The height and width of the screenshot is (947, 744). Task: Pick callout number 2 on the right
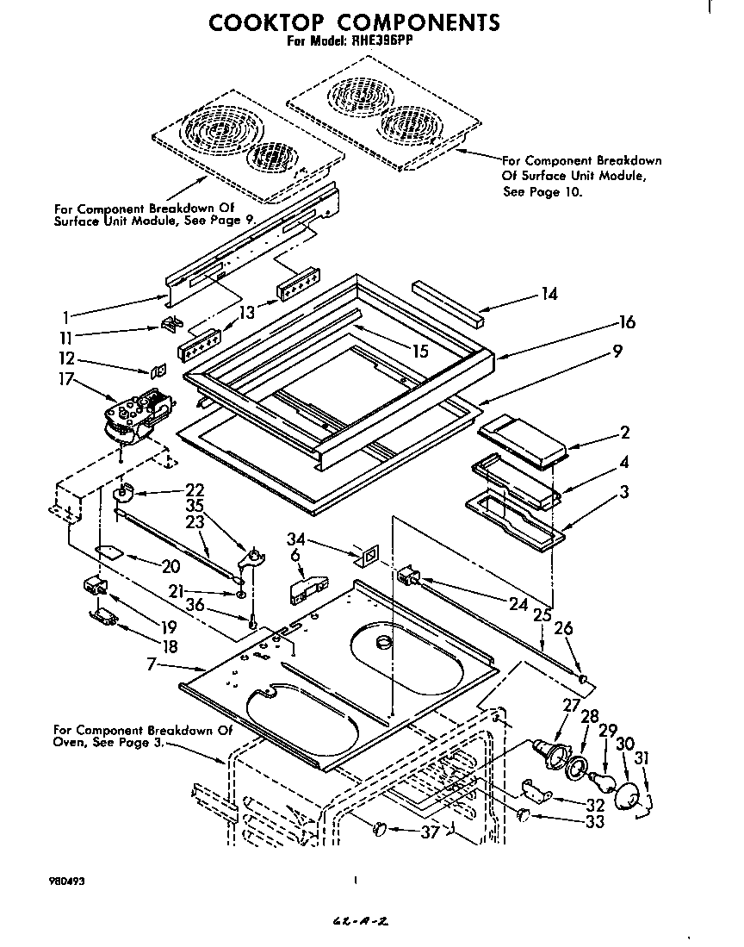click(x=624, y=433)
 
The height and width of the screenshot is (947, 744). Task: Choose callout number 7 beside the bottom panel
click(x=152, y=664)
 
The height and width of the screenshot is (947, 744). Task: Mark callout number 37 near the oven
click(x=429, y=832)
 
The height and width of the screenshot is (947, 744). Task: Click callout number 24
click(x=518, y=604)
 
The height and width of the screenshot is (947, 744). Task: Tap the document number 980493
click(x=66, y=882)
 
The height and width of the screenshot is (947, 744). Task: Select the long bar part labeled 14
click(x=447, y=303)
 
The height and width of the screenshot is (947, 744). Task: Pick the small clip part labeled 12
click(x=158, y=371)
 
